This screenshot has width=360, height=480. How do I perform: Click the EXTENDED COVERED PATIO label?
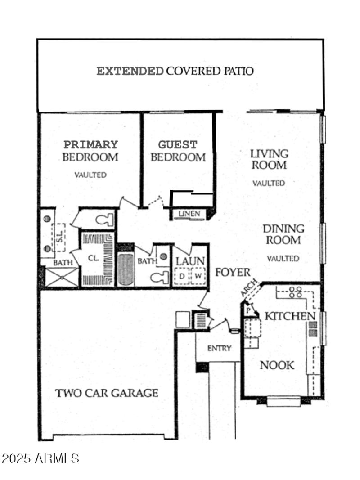(175, 71)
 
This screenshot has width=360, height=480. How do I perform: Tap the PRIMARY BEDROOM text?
(90, 151)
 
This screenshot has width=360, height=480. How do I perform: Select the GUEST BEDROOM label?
(178, 151)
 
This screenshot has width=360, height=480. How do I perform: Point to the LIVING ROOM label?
(269, 159)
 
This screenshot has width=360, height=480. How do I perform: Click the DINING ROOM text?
(283, 234)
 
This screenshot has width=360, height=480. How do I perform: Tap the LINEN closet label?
(189, 214)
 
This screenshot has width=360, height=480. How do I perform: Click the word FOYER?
(232, 272)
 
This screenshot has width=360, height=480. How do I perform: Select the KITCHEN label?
(289, 316)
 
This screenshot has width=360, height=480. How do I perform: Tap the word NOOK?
(277, 365)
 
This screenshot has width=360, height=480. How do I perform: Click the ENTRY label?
(219, 348)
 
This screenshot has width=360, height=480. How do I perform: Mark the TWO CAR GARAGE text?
(107, 393)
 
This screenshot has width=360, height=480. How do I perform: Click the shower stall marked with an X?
(62, 277)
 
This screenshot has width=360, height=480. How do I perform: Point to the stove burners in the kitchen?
(295, 292)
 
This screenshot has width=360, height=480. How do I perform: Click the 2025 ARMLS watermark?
(40, 458)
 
